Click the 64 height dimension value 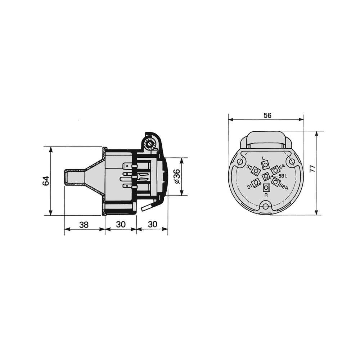(x=46, y=181)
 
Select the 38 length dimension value (x=84, y=225)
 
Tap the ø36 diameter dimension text (x=177, y=177)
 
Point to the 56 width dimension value (x=267, y=115)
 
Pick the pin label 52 (x=249, y=167)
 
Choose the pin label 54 (x=282, y=166)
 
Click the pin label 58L (x=283, y=176)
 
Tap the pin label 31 (x=250, y=187)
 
